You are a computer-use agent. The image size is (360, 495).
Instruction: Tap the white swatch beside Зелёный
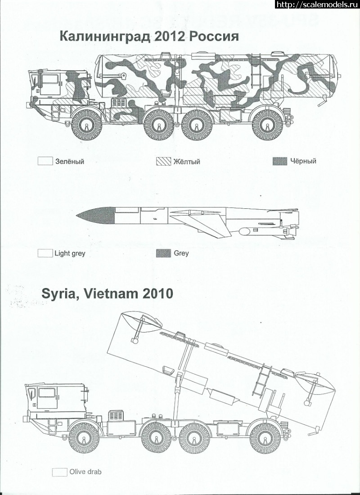click(x=45, y=161)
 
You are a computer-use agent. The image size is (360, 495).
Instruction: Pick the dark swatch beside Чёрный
click(x=280, y=161)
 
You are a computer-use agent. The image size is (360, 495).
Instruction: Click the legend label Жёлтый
click(x=186, y=162)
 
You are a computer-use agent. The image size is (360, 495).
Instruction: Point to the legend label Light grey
click(x=70, y=253)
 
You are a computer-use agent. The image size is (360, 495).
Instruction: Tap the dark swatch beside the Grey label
click(x=163, y=253)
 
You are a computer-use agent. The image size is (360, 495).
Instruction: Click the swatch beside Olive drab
click(x=59, y=472)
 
